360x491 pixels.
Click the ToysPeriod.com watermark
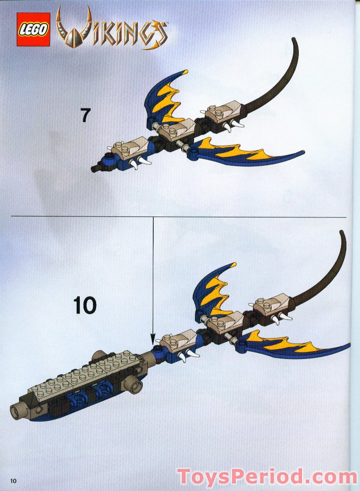pos(267,477)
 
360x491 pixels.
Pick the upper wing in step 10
pos(213,290)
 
